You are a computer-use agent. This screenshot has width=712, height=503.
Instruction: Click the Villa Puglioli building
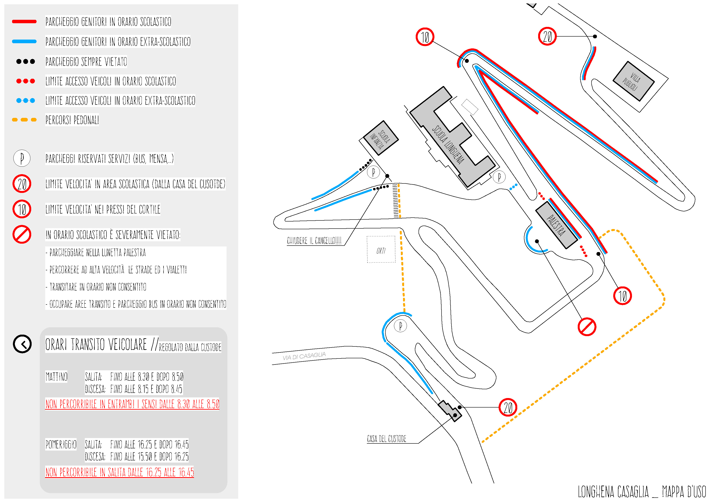(633, 81)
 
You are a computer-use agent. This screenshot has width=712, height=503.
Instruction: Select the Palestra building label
(556, 225)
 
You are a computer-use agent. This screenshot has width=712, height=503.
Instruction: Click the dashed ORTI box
(381, 249)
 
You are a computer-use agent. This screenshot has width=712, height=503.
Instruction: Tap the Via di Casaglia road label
(304, 356)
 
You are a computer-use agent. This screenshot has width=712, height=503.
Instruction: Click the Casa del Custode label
(387, 439)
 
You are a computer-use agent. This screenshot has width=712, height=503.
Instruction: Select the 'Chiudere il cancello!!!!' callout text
(314, 241)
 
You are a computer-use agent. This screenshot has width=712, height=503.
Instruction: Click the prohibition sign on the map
(587, 327)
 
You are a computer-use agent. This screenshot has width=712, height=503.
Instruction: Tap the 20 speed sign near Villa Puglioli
(547, 36)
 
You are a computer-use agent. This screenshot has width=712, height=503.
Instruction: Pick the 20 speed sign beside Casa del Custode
(508, 407)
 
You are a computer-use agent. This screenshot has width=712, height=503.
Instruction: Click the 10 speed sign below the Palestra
(622, 296)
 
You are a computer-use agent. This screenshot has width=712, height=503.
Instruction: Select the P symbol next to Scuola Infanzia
(373, 172)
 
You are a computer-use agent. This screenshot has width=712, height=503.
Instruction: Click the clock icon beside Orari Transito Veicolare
(22, 344)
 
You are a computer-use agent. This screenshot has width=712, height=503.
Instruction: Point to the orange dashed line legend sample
(24, 120)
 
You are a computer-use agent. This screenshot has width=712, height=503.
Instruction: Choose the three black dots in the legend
(25, 61)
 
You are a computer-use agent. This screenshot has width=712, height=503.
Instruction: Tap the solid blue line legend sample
(24, 41)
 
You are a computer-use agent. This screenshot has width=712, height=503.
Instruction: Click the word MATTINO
(56, 377)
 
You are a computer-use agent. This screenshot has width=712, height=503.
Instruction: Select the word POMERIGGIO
(61, 445)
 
